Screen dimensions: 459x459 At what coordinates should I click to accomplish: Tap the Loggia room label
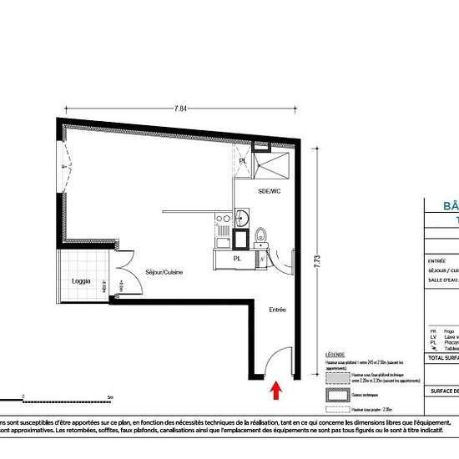[x=81, y=280]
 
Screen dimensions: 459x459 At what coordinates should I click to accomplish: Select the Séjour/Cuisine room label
[x=164, y=273]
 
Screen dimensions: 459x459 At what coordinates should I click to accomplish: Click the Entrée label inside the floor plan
[x=277, y=310]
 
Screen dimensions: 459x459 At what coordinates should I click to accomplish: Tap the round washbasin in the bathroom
[x=240, y=219]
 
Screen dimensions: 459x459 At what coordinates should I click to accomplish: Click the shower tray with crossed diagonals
[x=272, y=165]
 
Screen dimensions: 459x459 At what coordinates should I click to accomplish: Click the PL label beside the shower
[x=243, y=161]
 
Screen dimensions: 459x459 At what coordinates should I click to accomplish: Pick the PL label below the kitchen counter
[x=237, y=259]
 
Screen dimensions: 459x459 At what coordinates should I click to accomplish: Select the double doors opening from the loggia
[x=118, y=278]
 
